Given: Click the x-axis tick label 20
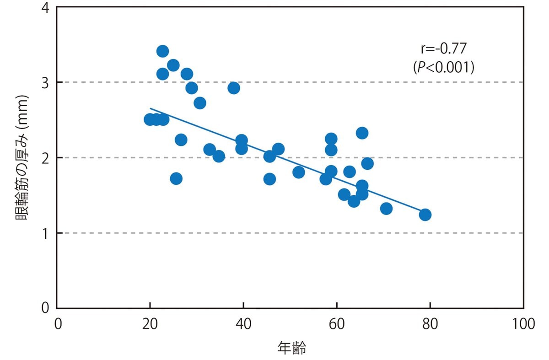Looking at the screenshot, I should coord(150,324).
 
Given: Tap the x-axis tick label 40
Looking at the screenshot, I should coord(243,324).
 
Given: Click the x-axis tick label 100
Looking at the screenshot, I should coord(523,324).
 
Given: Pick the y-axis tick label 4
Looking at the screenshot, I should coord(46,8).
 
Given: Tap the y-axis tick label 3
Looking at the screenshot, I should coord(46,82).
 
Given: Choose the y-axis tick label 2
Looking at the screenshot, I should coord(46,158).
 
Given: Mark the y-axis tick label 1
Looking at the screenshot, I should coord(46,233).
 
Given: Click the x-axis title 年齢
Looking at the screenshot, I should coord(291,349).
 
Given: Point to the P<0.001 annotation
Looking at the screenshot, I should coord(443,67).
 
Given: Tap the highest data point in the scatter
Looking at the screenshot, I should coord(162,51).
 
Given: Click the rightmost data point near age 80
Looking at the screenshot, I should coord(425,215).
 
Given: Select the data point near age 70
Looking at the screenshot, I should coord(386,209).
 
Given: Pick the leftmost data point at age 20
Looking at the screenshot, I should coord(150,119).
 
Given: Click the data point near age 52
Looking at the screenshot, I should coord(299,172).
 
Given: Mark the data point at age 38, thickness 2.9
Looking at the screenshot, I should coord(234,88).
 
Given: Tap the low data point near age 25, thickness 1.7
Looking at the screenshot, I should coord(176,178).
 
